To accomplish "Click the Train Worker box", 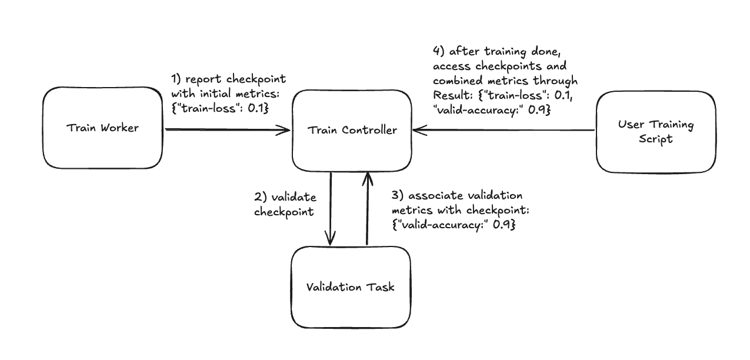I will point(102,128).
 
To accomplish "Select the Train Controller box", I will point(352,130).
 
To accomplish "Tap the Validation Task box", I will point(351,287).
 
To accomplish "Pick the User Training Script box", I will point(656,132).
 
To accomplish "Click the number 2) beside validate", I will point(261,197).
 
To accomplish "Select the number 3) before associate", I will point(398,195).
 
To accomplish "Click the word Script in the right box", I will point(656,139).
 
